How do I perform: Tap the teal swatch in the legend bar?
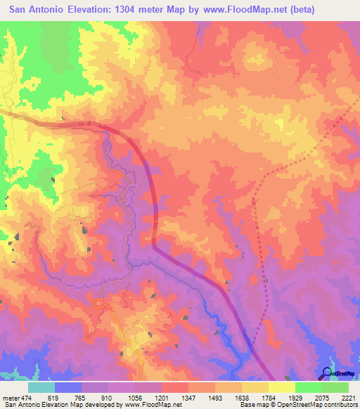(41, 387)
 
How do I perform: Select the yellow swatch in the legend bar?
(282, 387)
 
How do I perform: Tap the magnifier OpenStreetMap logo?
(326, 373)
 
